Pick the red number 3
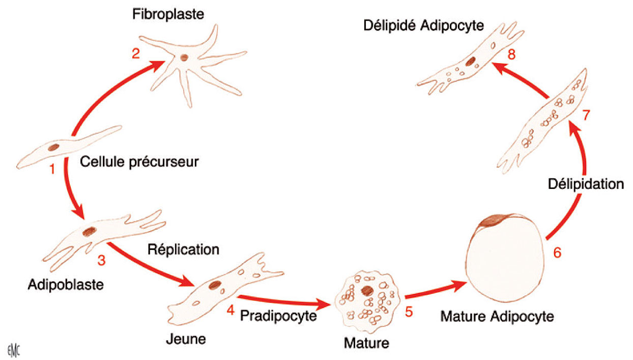click(101, 261)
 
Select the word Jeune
click(186, 338)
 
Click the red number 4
click(230, 310)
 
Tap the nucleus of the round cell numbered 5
click(366, 291)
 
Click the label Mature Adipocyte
click(497, 317)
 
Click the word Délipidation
click(586, 184)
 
